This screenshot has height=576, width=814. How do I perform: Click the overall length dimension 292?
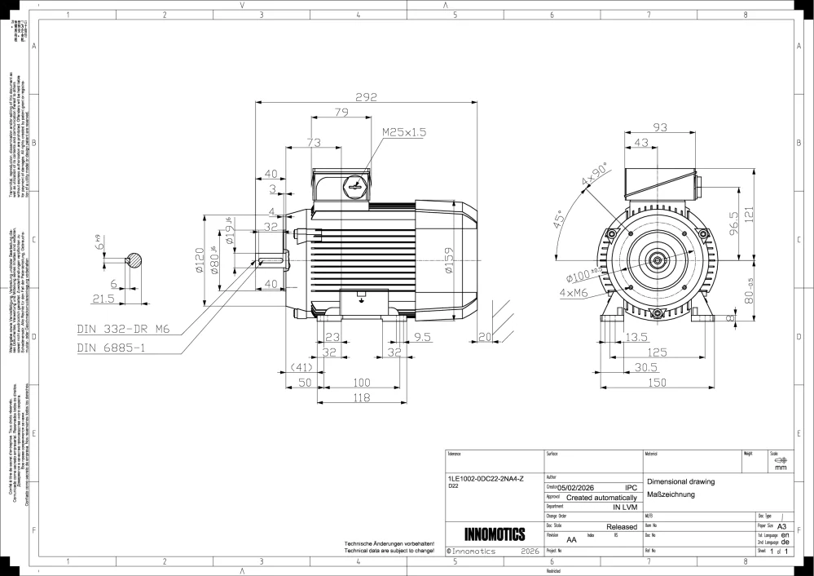(366, 96)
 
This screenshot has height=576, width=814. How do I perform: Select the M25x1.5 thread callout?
(404, 131)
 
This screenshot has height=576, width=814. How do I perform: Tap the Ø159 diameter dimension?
(449, 261)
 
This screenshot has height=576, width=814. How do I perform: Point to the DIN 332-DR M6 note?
(122, 329)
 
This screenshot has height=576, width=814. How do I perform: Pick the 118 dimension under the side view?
(361, 397)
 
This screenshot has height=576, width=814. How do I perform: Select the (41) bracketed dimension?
(301, 367)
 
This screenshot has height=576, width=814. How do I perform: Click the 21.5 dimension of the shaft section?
(103, 299)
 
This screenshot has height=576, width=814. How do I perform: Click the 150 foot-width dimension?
(657, 382)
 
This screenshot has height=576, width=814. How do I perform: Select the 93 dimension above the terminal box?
(661, 127)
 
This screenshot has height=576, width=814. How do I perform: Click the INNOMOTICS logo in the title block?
(494, 535)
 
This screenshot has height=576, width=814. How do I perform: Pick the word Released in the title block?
(622, 527)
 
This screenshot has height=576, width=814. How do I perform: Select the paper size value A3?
(781, 527)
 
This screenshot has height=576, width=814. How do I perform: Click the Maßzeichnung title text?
(670, 495)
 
